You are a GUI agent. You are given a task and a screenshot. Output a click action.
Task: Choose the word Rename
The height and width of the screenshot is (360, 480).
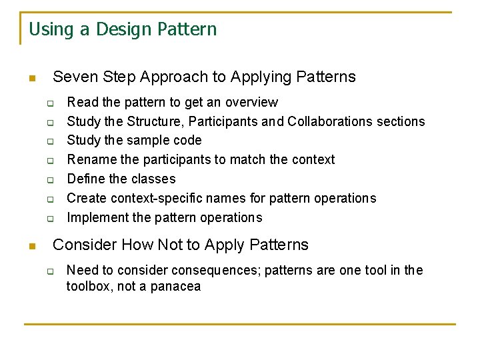(90, 160)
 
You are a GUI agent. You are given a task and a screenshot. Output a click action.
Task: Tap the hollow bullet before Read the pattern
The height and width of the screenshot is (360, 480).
(49, 104)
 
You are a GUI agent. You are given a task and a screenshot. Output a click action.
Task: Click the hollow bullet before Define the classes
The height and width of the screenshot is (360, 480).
(49, 181)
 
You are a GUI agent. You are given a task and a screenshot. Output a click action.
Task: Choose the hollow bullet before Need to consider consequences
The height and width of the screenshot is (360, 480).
(49, 271)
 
